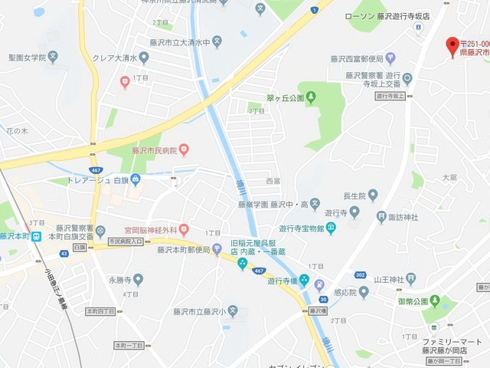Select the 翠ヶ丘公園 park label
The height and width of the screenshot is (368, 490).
coord(286,97)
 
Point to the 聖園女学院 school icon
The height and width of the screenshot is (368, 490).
coord(53,56)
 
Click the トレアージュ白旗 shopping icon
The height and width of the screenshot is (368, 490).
coord(136,180)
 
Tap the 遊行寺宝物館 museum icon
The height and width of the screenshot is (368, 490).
coord(330,228)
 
